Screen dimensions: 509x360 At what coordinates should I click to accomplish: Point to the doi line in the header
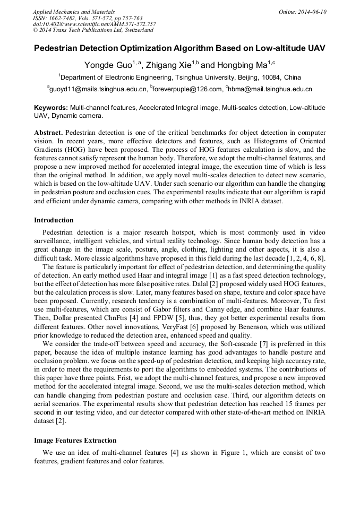pyautogui.click(x=94, y=24)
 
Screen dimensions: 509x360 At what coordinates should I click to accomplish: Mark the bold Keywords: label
pyautogui.click(x=51, y=108)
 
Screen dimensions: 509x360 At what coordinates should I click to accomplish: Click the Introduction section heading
pyautogui.click(x=54, y=220)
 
